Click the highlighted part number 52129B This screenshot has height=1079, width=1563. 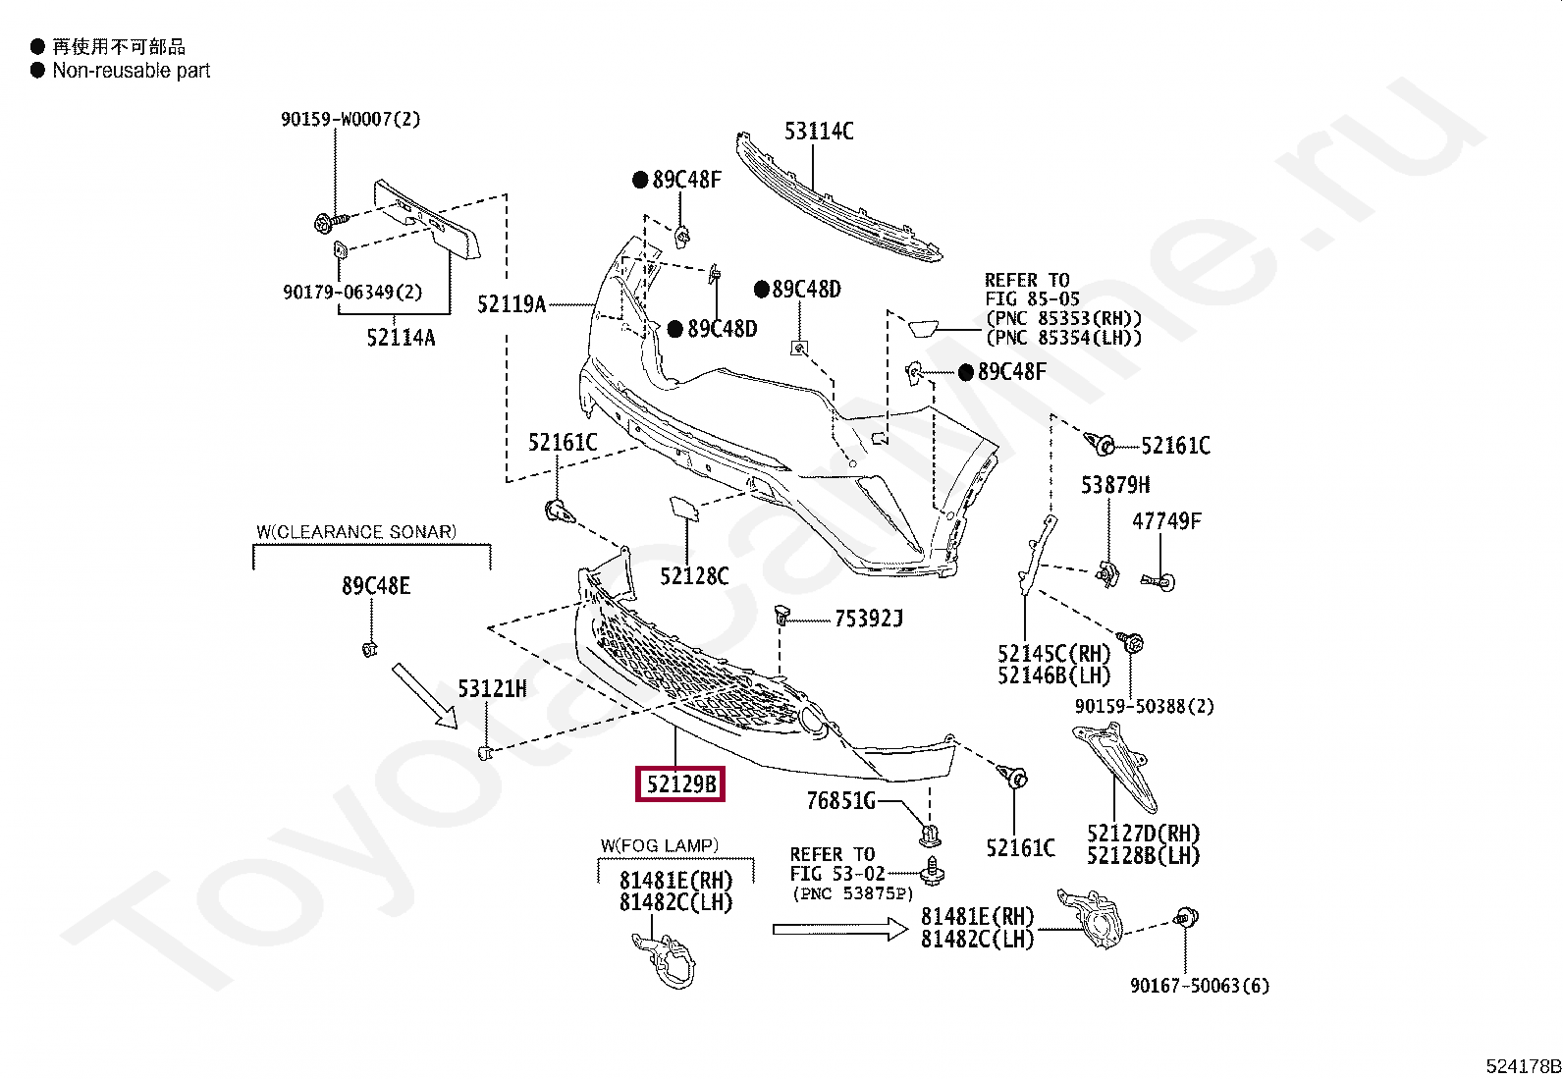[x=680, y=784]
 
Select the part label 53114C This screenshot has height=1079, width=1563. [x=819, y=132]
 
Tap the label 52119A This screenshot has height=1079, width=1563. [x=512, y=304]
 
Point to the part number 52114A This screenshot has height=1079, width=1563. [x=401, y=339]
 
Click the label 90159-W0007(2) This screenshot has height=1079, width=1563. [x=350, y=120]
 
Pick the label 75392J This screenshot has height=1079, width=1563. [x=868, y=619]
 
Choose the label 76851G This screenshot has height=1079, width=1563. [x=840, y=801]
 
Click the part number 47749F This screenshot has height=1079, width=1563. [x=1166, y=521]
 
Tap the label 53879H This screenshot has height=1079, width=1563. [x=1115, y=485]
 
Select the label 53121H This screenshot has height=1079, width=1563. [x=492, y=689]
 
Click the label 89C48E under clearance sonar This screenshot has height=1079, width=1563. [x=376, y=586]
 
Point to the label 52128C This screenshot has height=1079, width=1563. [x=694, y=576]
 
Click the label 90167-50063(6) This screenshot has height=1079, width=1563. [x=1199, y=986]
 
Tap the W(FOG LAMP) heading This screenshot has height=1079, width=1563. [x=660, y=845]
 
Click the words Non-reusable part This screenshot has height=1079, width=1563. [x=131, y=71]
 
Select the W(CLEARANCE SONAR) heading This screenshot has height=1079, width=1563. [x=356, y=532]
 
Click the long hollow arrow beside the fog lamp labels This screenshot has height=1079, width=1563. [x=839, y=928]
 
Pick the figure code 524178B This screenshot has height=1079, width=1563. [x=1523, y=1066]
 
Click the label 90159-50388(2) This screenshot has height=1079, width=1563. [x=1144, y=707]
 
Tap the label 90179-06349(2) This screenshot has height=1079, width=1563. [x=352, y=293]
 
